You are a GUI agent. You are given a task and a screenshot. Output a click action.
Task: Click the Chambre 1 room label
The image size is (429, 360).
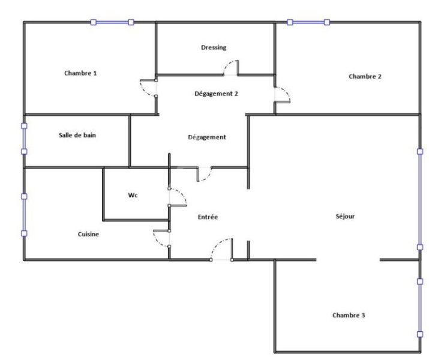(80, 73)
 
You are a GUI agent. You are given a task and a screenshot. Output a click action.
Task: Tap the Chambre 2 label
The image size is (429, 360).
(365, 76)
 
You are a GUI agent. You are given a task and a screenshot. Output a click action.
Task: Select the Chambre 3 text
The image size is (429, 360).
(349, 315)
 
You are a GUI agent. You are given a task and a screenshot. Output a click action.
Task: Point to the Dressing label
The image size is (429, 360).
(214, 47)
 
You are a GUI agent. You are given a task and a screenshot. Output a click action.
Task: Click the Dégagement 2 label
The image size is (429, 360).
(216, 94)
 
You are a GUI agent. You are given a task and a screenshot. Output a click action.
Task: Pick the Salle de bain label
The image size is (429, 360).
(77, 135)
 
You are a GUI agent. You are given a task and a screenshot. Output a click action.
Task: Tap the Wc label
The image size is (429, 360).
(133, 195)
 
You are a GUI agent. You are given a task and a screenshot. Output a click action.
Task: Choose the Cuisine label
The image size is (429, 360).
(88, 234)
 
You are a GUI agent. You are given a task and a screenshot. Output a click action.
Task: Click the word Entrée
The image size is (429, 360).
(208, 217)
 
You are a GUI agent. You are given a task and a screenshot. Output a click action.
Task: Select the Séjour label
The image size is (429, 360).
(345, 217)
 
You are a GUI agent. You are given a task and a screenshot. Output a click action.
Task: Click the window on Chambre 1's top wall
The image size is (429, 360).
(112, 22)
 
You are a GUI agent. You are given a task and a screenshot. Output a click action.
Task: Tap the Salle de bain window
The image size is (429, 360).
(24, 139)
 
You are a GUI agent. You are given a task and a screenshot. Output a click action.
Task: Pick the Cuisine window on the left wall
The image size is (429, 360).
(24, 215)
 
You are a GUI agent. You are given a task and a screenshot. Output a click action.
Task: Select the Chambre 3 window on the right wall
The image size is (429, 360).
(420, 308)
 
